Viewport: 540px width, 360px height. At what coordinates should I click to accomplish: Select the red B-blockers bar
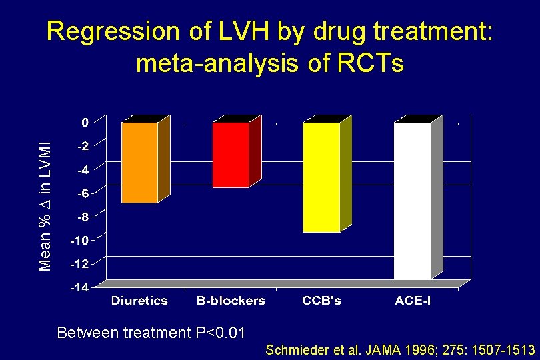coord(231,155)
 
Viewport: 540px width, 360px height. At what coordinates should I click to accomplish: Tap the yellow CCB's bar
coord(321,177)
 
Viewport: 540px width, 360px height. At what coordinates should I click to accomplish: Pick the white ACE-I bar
coord(412,200)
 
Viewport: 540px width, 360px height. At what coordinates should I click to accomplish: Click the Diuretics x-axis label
coord(139,301)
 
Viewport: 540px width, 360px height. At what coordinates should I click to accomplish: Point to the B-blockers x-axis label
coord(231,301)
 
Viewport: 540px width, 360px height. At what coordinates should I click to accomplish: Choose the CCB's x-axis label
coord(321,301)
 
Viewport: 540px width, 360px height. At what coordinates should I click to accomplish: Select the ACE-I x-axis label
coord(413,301)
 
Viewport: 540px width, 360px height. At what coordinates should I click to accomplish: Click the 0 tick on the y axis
coord(85,123)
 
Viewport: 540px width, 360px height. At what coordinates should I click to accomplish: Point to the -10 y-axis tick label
coord(80,240)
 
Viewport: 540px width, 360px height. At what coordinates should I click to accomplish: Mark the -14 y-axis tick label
coord(80,287)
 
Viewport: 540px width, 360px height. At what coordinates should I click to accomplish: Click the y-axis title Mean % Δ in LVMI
coord(45,199)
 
